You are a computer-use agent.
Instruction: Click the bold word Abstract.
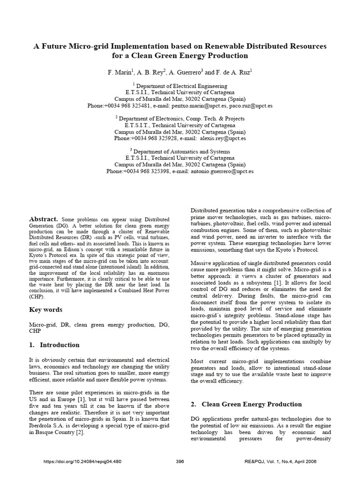coord(43,219)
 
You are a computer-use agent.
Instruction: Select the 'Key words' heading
coord(45,309)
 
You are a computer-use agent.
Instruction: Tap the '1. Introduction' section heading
coord(54,345)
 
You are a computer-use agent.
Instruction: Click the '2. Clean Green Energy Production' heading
coord(247,404)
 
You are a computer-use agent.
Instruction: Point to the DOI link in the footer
coord(82,474)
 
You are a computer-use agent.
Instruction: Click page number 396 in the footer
coord(180,474)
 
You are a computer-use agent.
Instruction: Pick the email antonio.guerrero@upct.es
coord(222,172)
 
